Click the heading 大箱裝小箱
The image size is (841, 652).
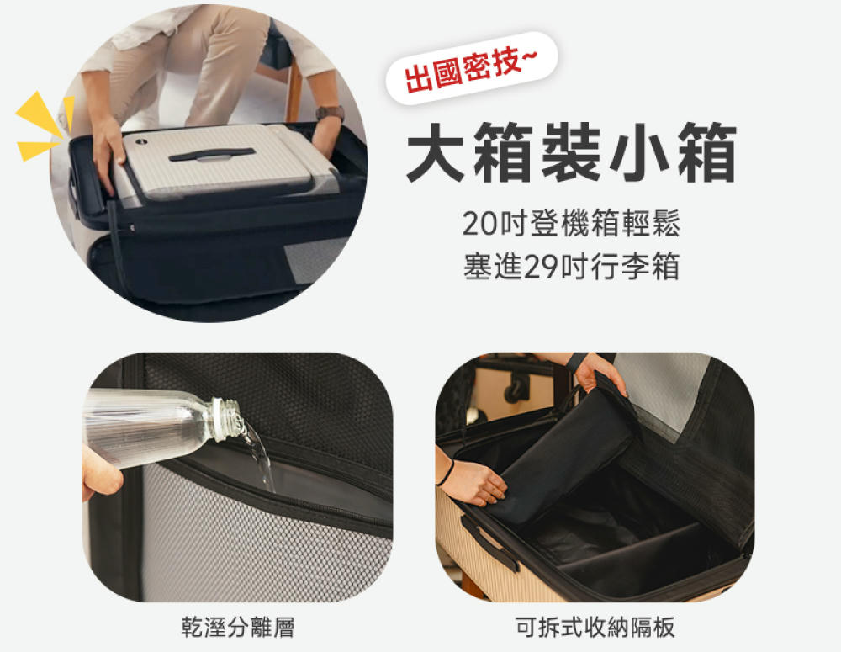[571, 153]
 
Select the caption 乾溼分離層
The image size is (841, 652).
[238, 627]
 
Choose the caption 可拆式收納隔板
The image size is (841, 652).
[595, 627]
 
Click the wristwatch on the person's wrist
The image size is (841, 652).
[330, 113]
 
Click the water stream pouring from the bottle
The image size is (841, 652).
[261, 459]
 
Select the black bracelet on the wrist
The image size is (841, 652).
[446, 472]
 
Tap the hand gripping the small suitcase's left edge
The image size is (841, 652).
[107, 156]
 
